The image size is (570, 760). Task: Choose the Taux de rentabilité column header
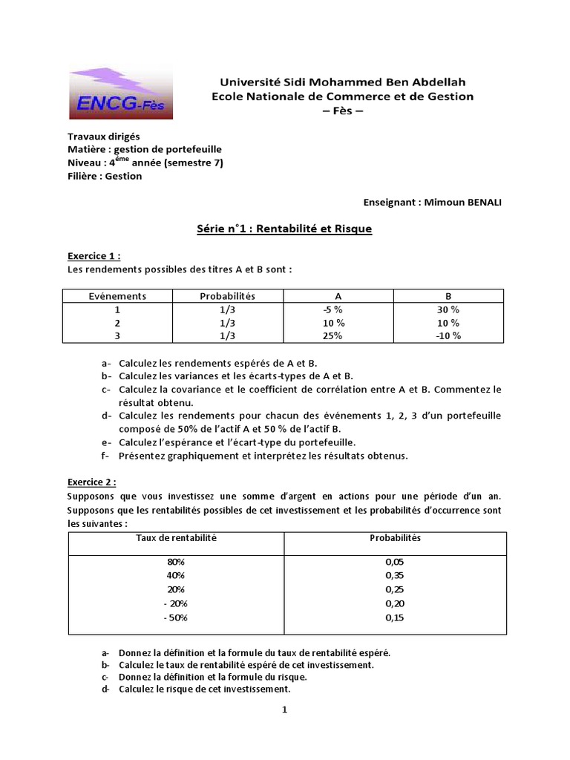click(175, 537)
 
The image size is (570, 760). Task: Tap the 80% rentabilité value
click(176, 562)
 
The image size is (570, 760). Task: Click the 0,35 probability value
click(395, 575)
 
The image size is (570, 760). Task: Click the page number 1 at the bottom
click(284, 710)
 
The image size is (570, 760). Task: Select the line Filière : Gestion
click(105, 176)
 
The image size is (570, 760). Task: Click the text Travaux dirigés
click(103, 137)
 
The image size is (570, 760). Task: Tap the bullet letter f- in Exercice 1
click(106, 456)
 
